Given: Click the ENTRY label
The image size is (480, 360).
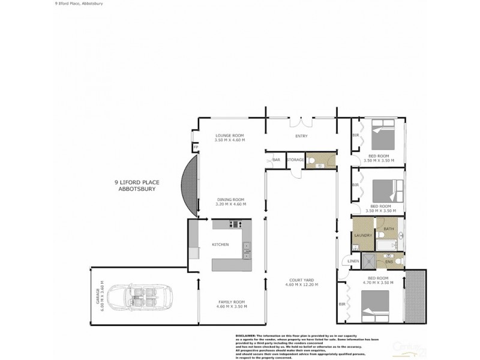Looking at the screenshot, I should [301, 136].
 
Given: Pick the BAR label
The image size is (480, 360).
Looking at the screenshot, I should [277, 160].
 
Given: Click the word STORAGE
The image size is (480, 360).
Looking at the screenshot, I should [294, 160].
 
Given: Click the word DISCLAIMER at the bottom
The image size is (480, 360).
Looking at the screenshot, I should [243, 336].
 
